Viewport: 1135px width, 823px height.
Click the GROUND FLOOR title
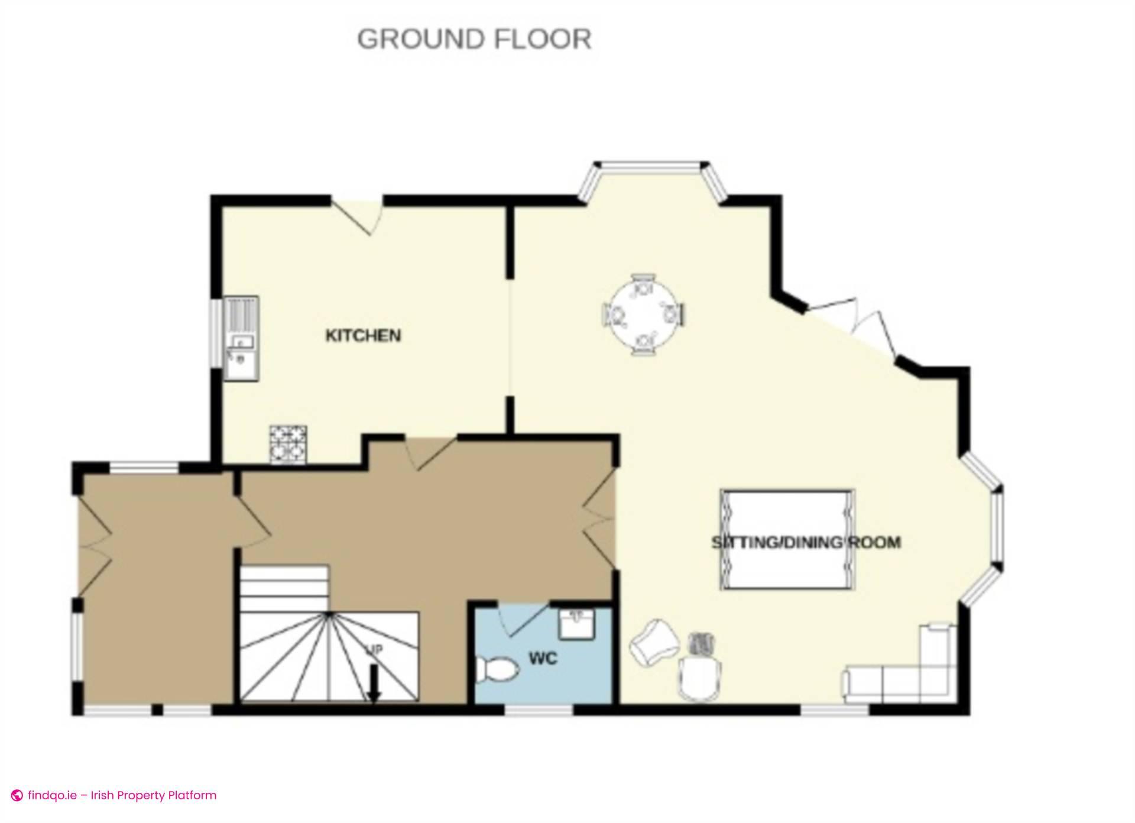click(x=474, y=39)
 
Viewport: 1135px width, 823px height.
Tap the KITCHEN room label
click(x=364, y=335)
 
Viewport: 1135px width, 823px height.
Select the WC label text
click(x=543, y=658)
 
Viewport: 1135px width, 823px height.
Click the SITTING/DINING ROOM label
click(x=806, y=542)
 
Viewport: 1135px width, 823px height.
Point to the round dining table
click(x=643, y=315)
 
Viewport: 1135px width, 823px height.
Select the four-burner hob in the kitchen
click(x=288, y=444)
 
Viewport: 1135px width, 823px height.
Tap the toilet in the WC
click(x=497, y=670)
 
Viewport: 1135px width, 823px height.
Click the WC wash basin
click(x=576, y=624)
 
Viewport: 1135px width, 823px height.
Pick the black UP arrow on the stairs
click(x=374, y=683)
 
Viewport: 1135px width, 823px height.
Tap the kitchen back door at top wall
click(x=358, y=214)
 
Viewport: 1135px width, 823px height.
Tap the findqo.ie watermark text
click(x=122, y=795)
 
